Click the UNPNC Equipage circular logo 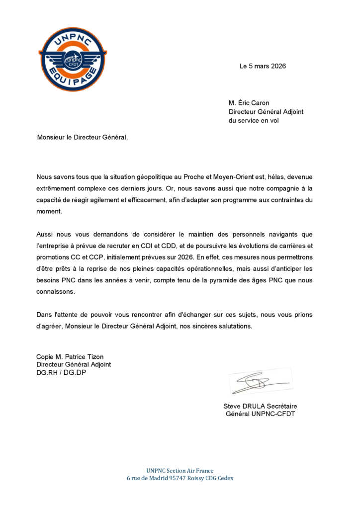(x=73, y=59)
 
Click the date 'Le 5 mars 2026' (x=263, y=66)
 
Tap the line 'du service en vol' (x=254, y=120)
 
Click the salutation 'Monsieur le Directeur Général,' (x=82, y=137)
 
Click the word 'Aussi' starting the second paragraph (x=45, y=234)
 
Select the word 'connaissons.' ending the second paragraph (x=56, y=292)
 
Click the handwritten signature (x=259, y=382)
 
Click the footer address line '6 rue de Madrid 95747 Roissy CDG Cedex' (x=180, y=478)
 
